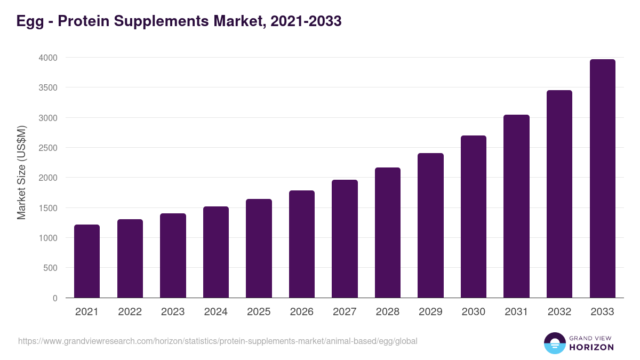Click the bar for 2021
click(87, 261)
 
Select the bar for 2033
click(602, 179)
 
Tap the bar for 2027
click(345, 239)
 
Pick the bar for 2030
click(474, 217)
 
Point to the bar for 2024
click(215, 252)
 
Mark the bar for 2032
click(559, 194)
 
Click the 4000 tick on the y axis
click(47, 58)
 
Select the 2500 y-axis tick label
click(47, 148)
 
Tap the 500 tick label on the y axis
click(50, 268)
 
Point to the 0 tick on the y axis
click(55, 298)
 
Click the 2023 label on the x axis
click(173, 312)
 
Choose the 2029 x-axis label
click(430, 312)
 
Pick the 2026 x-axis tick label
click(302, 312)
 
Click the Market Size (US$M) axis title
click(21, 172)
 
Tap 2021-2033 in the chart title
click(306, 21)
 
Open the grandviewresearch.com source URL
click(218, 341)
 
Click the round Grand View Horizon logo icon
click(555, 343)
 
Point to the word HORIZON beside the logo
click(591, 347)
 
